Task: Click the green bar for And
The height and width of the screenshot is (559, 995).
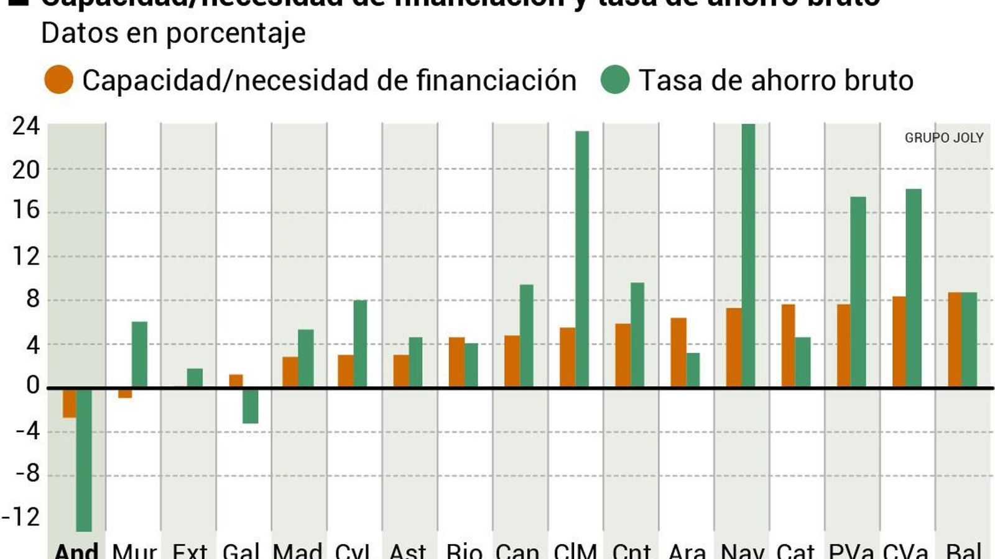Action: coord(84,460)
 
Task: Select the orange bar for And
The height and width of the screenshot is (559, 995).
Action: coord(69,403)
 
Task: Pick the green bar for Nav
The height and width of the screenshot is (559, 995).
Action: coord(748,255)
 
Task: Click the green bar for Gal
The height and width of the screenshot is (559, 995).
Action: coord(251,406)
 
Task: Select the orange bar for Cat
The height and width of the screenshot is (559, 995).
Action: coord(788,346)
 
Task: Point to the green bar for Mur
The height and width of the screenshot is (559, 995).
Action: coord(139,355)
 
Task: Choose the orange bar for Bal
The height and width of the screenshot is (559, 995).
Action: coord(955,340)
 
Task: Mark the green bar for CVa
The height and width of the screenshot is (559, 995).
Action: coord(914,288)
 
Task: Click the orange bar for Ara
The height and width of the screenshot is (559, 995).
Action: coord(678,353)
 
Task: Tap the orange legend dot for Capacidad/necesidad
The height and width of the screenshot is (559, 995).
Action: coord(59,80)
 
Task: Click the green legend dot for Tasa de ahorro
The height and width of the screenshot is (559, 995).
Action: coord(615,80)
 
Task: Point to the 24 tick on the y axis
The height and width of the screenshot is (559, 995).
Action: coord(26,126)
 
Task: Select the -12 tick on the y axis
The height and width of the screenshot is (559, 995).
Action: coord(21,517)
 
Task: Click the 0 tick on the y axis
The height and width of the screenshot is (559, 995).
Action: coord(32,386)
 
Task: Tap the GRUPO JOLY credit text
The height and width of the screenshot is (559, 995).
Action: coord(943,138)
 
